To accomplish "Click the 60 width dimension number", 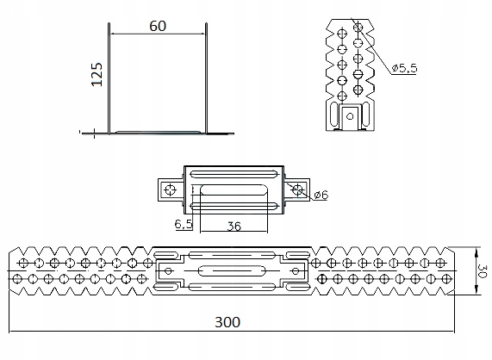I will click(157, 26).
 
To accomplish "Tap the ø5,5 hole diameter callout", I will click(403, 68).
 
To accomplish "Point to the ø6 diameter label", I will click(320, 196).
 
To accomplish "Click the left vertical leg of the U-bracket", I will click(109, 78).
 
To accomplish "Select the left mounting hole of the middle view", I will click(170, 189).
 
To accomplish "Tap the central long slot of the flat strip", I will click(233, 270).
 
